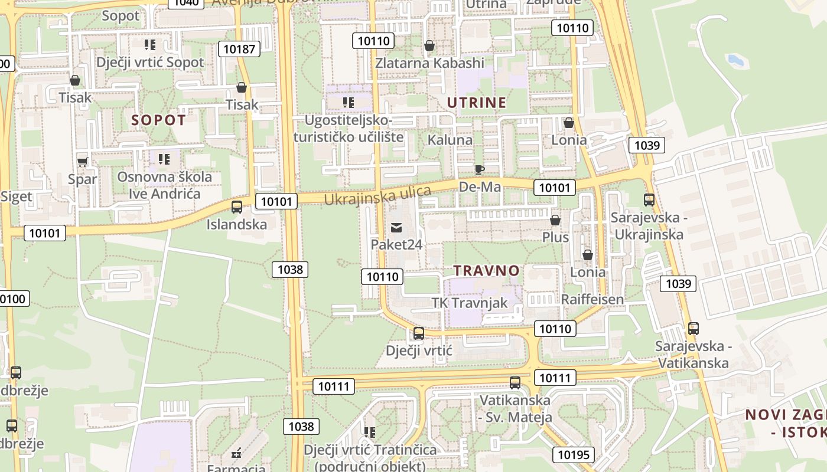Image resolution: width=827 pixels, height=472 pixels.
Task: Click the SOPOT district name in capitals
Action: coord(158,120)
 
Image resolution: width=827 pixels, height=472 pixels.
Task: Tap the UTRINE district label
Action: coord(477,103)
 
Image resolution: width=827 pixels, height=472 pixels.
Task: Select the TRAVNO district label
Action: coord(486,271)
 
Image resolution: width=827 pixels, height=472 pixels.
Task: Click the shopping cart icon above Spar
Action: coord(83,161)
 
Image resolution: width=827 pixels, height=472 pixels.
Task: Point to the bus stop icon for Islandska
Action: coord(237,207)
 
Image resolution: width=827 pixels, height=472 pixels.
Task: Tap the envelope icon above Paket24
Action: coord(396,227)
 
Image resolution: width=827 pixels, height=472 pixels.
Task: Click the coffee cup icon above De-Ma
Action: coord(480,170)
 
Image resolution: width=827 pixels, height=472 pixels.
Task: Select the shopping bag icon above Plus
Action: coord(555,220)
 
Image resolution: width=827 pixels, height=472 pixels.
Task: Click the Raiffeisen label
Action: coord(592,299)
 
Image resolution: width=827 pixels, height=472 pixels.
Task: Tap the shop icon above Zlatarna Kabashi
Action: coord(429,45)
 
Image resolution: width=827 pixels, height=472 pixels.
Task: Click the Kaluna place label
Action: coord(450,140)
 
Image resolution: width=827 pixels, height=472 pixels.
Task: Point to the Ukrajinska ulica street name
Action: coord(378,195)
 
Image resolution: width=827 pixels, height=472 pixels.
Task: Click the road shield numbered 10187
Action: coord(239,49)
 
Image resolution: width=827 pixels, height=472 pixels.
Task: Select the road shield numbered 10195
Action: coord(573,454)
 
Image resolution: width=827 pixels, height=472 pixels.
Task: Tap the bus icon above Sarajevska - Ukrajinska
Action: coord(649,200)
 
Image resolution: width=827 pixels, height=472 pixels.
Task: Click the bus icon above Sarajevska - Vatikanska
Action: coord(693,329)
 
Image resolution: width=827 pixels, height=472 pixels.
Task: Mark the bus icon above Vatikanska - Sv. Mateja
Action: coord(515,383)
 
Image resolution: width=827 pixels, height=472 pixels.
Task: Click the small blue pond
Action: coord(735,60)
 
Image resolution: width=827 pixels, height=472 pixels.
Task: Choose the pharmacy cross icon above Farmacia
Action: coord(237,454)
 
